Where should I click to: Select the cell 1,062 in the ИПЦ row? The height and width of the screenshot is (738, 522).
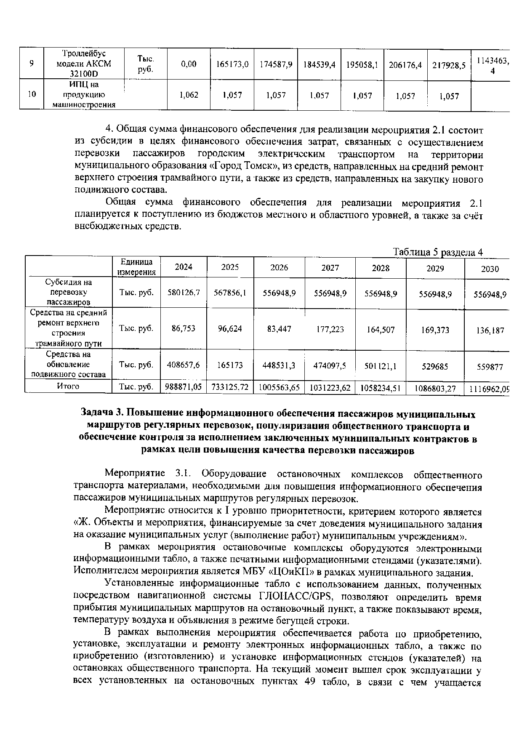pos(189,96)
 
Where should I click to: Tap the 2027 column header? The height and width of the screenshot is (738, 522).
pos(330,267)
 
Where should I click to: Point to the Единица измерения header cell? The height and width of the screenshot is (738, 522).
pos(136,267)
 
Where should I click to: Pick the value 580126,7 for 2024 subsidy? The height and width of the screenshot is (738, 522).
pos(184,292)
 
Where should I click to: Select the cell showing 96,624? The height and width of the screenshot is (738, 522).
pos(230,328)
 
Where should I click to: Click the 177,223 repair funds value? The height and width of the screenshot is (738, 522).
pos(330,329)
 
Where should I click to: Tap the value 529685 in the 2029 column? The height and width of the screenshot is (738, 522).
pos(435,367)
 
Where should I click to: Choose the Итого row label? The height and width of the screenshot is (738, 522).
pos(68,386)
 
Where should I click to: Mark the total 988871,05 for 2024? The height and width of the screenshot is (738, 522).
pos(184,386)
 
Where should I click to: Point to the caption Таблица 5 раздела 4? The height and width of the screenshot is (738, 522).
pos(437,252)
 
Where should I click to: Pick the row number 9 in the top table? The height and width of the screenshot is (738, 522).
pos(32,64)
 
